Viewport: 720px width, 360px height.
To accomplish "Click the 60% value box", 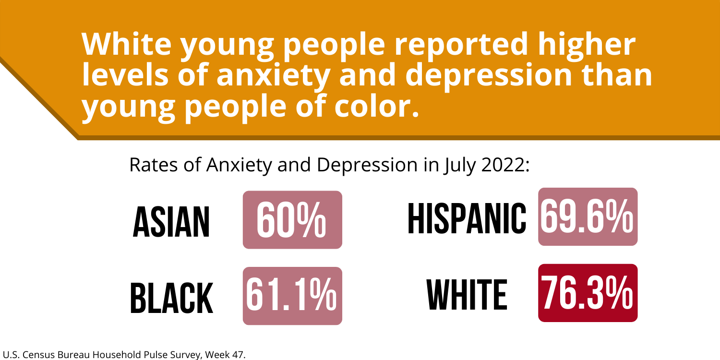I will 292,220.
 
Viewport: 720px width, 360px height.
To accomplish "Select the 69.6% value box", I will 588,216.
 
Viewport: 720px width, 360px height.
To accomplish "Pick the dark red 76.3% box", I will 588,293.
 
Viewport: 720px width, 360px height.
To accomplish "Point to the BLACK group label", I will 171,298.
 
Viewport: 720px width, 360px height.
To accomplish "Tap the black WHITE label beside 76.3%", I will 467,294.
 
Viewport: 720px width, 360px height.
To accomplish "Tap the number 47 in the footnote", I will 236,355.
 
